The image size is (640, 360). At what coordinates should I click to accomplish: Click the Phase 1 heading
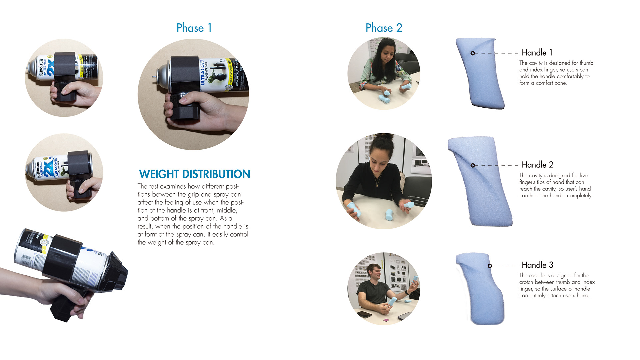click(x=194, y=28)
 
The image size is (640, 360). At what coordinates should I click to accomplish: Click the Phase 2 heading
click(x=384, y=28)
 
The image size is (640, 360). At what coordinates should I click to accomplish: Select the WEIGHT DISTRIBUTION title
click(x=194, y=174)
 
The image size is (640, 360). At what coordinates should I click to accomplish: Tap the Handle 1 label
click(x=537, y=53)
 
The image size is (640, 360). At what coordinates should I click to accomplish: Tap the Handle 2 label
click(x=537, y=165)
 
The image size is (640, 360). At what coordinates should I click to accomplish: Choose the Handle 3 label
click(x=537, y=265)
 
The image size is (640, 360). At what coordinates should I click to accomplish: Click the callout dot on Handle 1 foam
click(x=473, y=53)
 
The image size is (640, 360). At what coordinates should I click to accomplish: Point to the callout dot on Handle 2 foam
click(x=473, y=165)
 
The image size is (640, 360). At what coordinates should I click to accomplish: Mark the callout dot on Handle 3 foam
click(x=490, y=266)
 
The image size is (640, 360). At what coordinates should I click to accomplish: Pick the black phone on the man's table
click(x=364, y=315)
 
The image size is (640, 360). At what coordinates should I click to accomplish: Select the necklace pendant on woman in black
click(x=377, y=185)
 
